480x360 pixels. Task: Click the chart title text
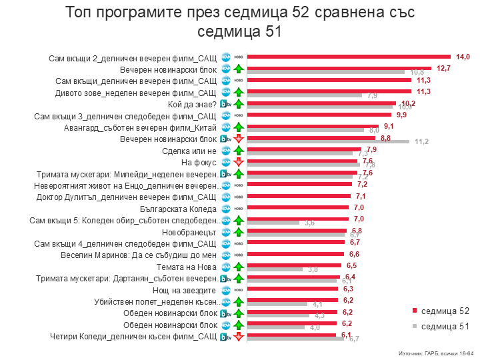point(239,21)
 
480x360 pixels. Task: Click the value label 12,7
point(444,69)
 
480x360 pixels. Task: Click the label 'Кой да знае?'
point(194,104)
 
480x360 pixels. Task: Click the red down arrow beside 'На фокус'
point(238,162)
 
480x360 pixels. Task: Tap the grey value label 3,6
point(309,223)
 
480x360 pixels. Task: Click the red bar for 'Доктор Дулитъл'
point(299,196)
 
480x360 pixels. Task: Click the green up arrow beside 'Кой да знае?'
point(238,104)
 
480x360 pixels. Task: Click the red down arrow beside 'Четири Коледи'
point(238,337)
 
